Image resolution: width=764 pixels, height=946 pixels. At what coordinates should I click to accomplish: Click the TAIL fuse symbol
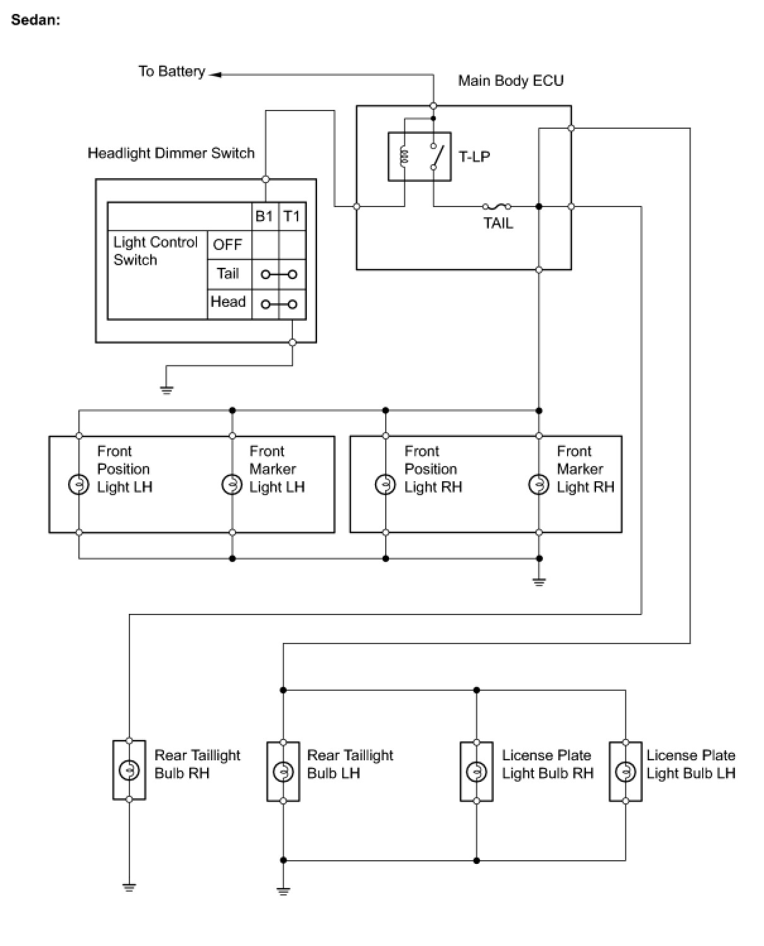coord(496,206)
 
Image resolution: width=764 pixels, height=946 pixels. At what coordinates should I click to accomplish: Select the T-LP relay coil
coord(403,156)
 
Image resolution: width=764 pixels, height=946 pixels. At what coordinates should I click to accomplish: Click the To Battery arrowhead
coord(215,75)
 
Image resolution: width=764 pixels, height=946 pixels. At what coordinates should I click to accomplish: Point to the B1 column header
coord(264,216)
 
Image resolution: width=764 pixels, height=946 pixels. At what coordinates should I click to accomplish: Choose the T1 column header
coord(292,216)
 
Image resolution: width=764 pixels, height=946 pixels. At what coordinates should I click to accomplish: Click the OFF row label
coord(227,244)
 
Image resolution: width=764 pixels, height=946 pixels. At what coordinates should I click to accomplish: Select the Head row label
coord(228,302)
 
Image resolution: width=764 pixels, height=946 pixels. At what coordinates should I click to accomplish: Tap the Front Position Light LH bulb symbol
coord(78,484)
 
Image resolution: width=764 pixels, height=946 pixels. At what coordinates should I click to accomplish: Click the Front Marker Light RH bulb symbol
coord(539,484)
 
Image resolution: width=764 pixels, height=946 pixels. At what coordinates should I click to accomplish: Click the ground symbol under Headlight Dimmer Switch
coord(167,390)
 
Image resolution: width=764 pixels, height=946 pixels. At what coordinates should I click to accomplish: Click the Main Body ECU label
coord(511,80)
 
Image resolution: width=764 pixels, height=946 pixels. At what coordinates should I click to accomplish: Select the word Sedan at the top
coord(35,20)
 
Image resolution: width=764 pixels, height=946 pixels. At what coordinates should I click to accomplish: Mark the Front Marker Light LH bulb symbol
coord(232,484)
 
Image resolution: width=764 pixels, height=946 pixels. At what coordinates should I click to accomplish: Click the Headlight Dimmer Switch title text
coord(171,153)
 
